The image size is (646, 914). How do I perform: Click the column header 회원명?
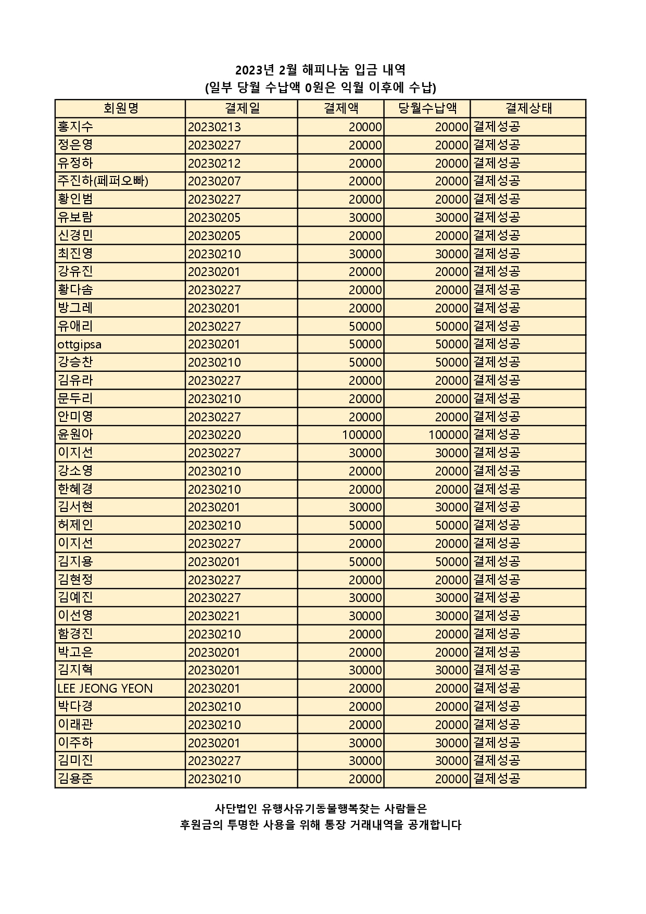point(120,108)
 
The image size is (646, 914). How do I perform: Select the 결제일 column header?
point(242,108)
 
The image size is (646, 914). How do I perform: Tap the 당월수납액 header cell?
point(427,108)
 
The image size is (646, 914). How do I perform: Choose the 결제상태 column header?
point(528,108)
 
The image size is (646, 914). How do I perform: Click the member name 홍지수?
point(75,127)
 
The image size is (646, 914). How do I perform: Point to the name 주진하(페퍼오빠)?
point(103,181)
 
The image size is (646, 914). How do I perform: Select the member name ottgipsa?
point(80,344)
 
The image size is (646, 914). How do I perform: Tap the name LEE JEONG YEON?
point(105,688)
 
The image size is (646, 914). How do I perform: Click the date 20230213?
point(214,127)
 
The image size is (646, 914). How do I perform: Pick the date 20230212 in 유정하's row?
point(214,164)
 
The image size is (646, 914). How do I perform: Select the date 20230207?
point(214,181)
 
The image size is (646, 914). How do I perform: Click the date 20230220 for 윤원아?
point(214,435)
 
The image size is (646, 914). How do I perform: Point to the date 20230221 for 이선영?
point(214,616)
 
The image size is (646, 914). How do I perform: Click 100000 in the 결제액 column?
point(362,435)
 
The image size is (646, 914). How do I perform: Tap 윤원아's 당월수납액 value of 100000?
point(448,435)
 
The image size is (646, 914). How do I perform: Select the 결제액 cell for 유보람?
point(365,218)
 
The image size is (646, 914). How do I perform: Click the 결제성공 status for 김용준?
point(497,779)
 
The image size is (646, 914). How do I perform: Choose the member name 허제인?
point(75,525)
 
